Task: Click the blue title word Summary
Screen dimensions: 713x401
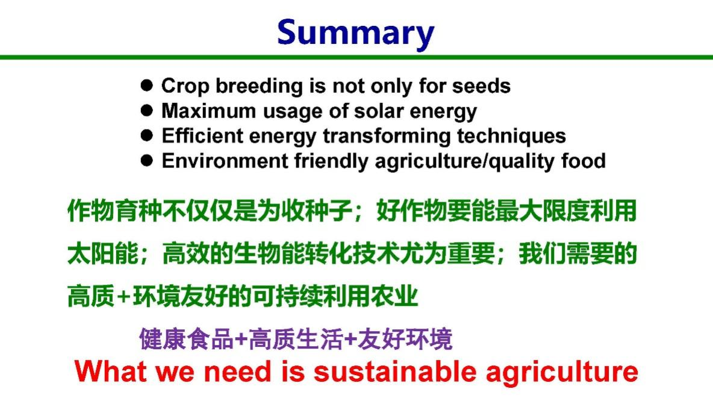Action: [x=355, y=33]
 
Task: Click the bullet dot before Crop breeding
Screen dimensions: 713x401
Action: [x=146, y=85]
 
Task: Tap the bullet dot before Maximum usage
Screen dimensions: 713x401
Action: [x=146, y=110]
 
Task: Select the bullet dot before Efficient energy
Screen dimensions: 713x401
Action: [x=146, y=135]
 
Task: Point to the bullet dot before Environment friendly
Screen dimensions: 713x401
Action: [x=146, y=161]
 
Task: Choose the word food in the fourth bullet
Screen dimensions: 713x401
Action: [x=584, y=161]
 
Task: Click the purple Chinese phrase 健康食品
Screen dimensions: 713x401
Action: [x=186, y=339]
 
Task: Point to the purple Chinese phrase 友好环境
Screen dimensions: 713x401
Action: [x=405, y=339]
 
